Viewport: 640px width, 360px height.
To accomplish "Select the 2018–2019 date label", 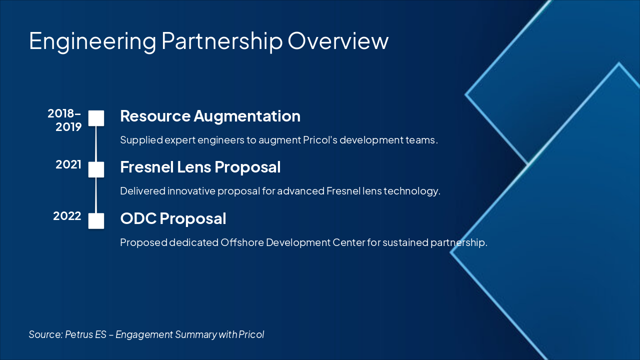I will click(x=64, y=120).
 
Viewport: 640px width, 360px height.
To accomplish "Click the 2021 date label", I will click(x=68, y=164).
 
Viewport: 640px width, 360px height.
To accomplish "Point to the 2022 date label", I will click(x=67, y=216).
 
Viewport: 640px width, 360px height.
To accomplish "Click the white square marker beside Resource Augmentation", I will click(x=96, y=118).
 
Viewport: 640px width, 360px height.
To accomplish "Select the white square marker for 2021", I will click(x=96, y=169).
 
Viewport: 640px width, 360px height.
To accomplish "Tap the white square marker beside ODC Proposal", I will click(x=96, y=220).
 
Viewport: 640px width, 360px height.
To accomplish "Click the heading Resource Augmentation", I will click(x=210, y=116).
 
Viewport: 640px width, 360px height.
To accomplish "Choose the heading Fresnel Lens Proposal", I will click(x=200, y=167).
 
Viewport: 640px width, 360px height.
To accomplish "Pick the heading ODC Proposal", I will click(x=173, y=218).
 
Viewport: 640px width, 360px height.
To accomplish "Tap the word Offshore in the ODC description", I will click(x=242, y=242).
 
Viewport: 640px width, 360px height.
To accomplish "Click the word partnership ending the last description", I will click(x=460, y=242).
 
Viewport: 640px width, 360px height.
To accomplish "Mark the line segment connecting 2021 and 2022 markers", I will click(x=96, y=195).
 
